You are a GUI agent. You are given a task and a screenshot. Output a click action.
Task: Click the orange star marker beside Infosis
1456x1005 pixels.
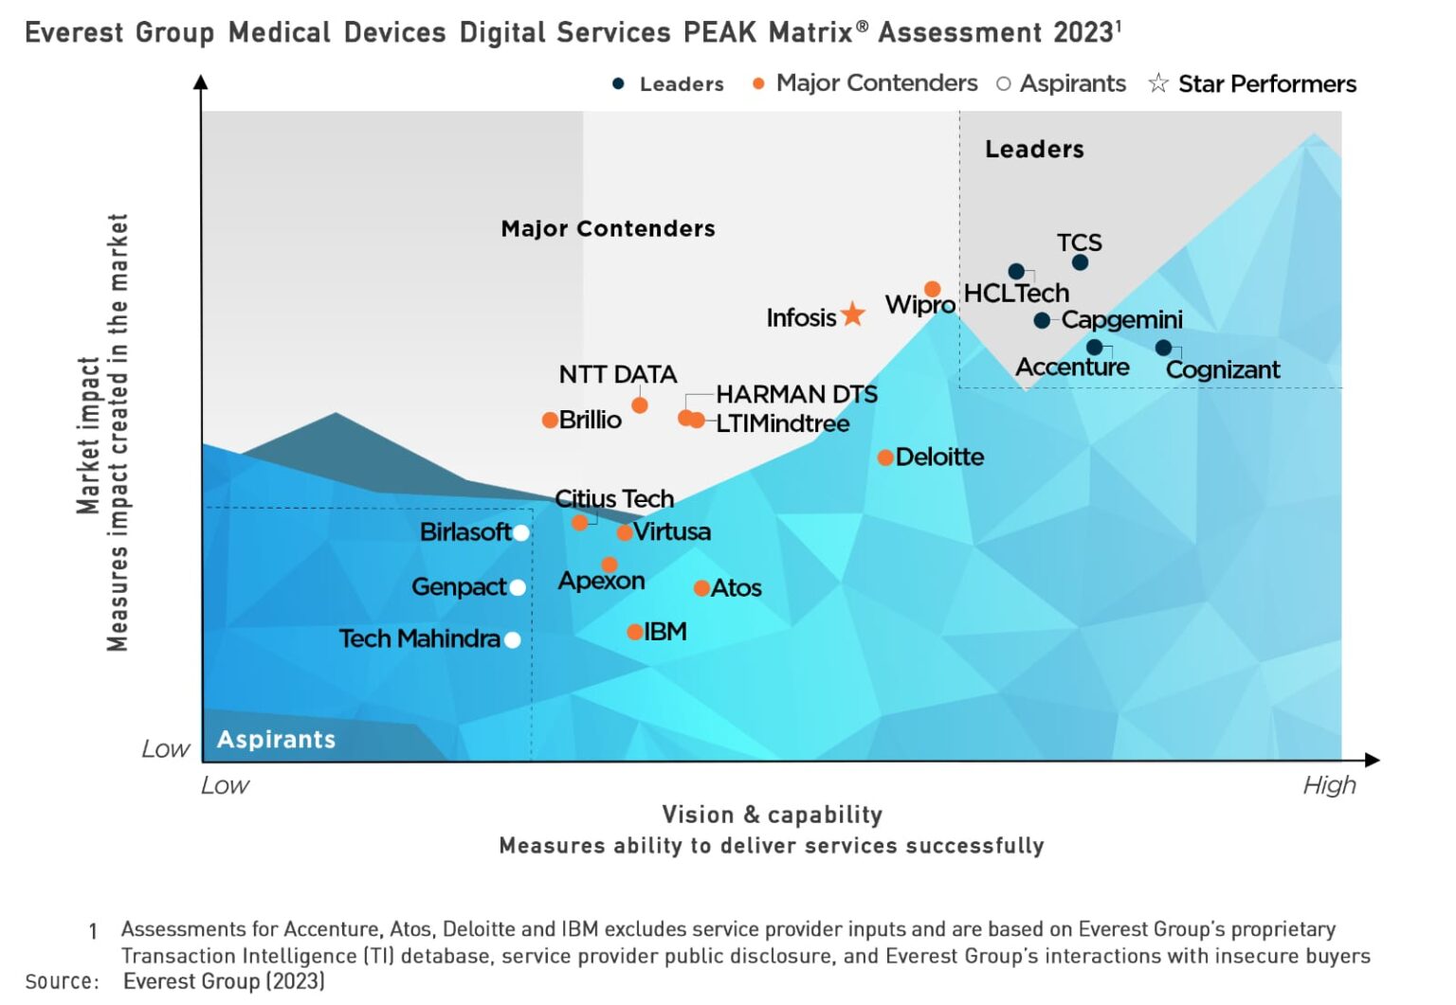coord(853,314)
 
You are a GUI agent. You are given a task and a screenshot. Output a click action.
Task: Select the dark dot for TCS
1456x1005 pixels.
coord(1080,262)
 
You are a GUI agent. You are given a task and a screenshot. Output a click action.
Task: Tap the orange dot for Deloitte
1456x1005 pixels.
coord(885,458)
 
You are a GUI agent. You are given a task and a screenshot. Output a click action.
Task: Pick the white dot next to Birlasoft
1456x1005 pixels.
coord(520,532)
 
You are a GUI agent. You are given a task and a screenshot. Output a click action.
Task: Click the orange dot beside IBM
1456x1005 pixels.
coord(635,632)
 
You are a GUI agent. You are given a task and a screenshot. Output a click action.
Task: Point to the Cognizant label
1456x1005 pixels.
coord(1222,369)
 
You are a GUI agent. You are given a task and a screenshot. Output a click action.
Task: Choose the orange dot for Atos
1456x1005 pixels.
coord(701,588)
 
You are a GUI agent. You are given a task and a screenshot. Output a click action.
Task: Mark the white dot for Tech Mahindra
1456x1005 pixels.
coord(513,639)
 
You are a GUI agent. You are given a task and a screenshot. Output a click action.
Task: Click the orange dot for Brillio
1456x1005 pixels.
coord(550,420)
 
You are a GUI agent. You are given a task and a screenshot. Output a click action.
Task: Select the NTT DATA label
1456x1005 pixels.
coord(617,374)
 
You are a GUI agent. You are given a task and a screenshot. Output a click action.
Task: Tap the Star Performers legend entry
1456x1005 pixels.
coord(1253,84)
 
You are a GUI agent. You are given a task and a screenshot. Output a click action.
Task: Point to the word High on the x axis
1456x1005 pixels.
coord(1329,785)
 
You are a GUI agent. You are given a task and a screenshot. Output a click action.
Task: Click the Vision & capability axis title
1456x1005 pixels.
coord(772,815)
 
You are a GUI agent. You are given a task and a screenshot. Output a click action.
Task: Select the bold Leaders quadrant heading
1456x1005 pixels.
coord(1034,149)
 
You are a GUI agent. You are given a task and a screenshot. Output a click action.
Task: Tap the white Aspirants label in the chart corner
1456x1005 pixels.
coord(276,739)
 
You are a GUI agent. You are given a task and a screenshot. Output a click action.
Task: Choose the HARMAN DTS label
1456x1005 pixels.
coord(796,394)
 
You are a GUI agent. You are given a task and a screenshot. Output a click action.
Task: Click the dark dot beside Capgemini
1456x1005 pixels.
coord(1042,320)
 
